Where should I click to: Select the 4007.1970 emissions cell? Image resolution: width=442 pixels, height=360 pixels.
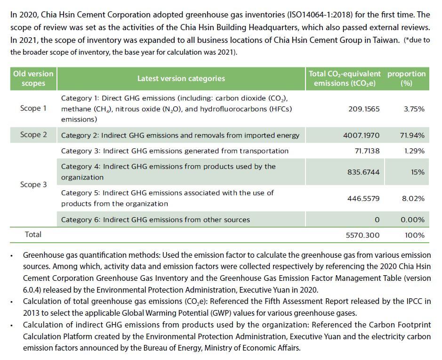tap(361, 135)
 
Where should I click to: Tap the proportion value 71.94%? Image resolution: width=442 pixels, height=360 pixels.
tap(412, 135)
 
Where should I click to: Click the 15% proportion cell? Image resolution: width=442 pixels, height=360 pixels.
tap(417, 172)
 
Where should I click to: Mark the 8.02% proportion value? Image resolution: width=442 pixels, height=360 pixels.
tap(413, 198)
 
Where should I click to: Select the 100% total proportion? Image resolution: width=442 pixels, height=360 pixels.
tap(414, 235)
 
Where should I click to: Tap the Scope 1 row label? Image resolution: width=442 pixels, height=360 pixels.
tap(33, 108)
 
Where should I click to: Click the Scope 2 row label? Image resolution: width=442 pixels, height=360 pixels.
tap(33, 135)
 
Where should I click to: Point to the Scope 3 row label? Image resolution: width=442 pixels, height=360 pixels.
tap(33, 185)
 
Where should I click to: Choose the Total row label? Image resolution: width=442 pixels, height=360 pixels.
tap(33, 234)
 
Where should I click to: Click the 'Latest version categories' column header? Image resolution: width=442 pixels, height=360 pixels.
tap(181, 79)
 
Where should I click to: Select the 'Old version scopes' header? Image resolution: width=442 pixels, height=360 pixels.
tap(33, 79)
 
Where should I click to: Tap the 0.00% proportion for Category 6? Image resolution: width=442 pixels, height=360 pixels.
tap(412, 220)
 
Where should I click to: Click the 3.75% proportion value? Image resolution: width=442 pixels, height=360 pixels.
tap(414, 109)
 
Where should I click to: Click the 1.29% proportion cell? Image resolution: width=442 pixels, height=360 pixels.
tap(414, 151)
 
